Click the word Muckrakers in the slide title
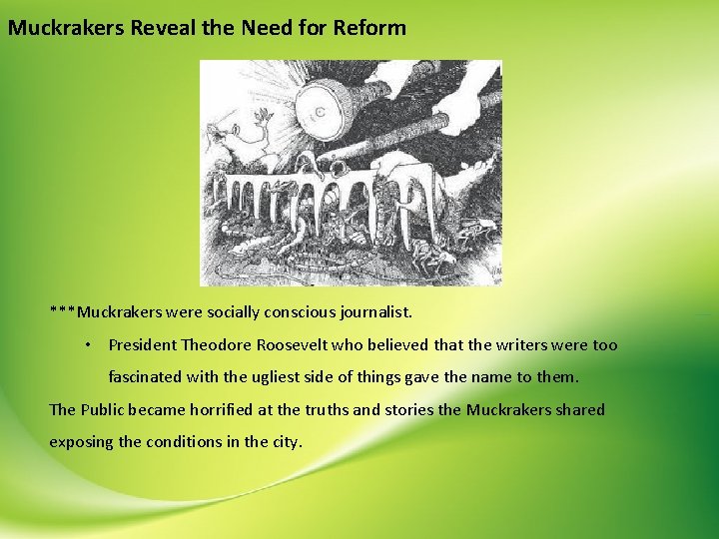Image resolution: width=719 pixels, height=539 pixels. [67, 28]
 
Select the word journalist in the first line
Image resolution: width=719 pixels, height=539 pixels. [383, 312]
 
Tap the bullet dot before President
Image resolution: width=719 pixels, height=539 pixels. [89, 345]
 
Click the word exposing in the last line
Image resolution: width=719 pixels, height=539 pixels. [82, 442]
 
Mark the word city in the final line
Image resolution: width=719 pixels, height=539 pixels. [284, 442]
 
